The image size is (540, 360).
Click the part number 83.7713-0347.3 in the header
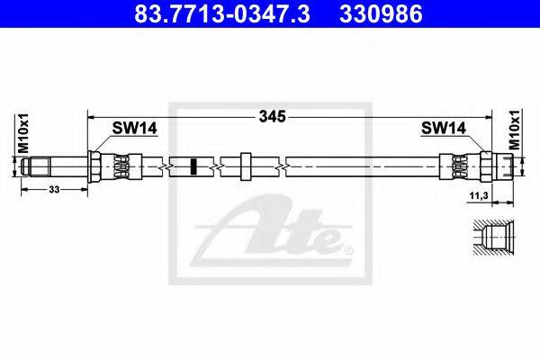pos(221,13)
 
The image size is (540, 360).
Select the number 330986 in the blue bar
pos(381,13)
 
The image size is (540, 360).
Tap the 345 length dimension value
pos(273,117)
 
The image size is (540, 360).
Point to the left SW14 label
pos(134,129)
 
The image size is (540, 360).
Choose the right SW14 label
pos(444,129)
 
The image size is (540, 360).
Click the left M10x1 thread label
pos(23,133)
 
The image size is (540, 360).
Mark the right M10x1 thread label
pos(514,130)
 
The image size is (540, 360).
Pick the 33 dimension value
pos(54,189)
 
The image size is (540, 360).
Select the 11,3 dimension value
pos(479,195)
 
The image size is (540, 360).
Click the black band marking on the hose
pos(193,166)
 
